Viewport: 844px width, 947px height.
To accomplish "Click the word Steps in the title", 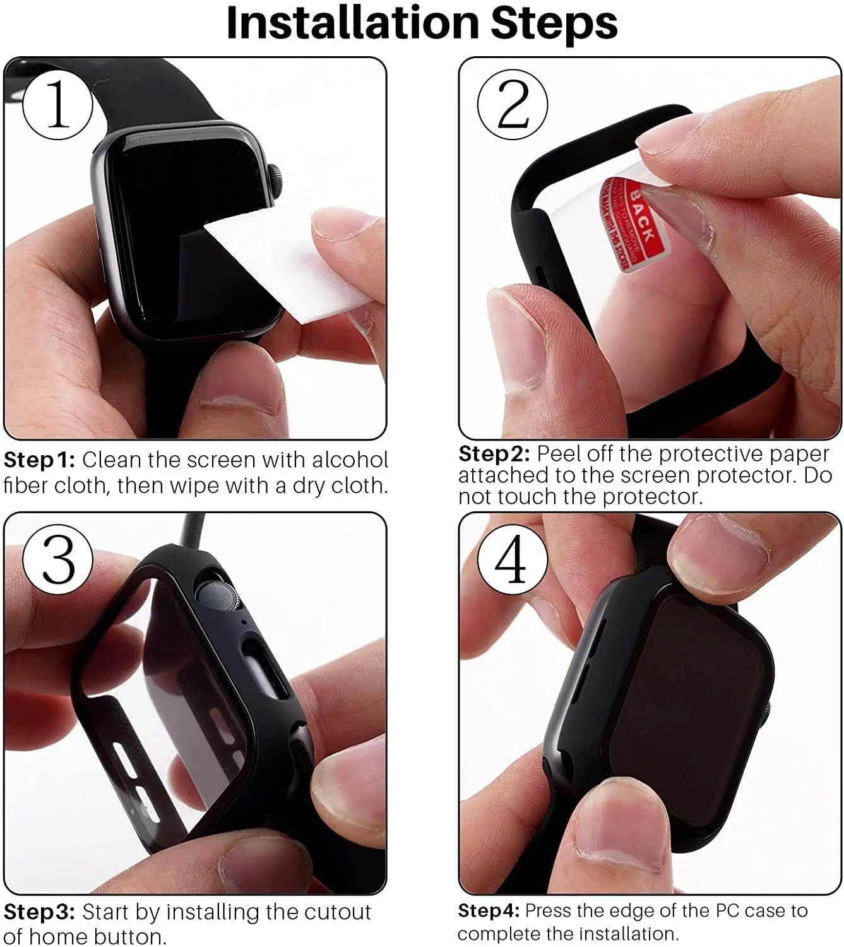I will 554,23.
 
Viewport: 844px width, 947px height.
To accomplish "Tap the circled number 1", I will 57,104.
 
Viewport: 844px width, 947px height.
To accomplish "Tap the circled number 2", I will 513,104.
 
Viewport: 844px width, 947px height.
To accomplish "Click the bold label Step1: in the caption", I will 39,460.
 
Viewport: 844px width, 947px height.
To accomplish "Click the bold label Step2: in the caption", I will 494,455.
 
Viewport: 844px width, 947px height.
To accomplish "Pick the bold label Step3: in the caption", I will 39,912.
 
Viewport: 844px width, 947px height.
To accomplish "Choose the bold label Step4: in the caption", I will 488,911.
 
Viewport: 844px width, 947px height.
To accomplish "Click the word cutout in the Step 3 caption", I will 337,912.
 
